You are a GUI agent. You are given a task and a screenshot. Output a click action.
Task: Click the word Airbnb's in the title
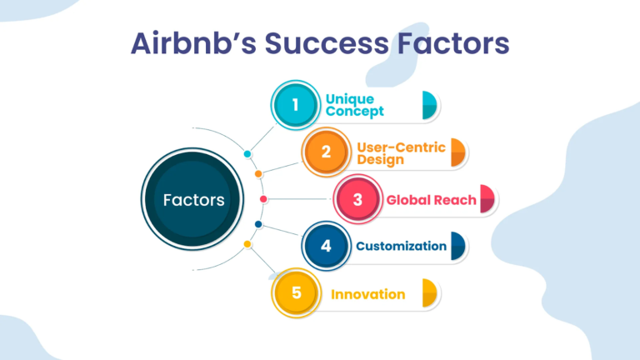193,43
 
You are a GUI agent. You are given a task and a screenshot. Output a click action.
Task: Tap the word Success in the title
327,43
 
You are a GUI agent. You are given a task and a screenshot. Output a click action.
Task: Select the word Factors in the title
453,43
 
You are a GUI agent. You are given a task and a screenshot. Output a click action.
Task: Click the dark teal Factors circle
192,199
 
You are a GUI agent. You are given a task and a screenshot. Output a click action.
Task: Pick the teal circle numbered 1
296,105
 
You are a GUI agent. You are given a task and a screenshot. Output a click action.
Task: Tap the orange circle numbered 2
326,152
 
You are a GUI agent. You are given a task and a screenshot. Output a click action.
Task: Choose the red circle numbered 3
357,199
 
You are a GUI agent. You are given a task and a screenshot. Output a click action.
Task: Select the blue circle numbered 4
326,246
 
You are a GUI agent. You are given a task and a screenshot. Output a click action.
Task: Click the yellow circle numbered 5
296,292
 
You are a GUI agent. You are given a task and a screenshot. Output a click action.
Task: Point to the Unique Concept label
355,105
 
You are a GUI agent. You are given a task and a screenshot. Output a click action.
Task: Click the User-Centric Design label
401,153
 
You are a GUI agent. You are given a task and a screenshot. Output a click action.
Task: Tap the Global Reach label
431,200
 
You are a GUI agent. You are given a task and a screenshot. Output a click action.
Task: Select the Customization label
401,246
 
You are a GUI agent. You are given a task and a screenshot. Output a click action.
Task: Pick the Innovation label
367,294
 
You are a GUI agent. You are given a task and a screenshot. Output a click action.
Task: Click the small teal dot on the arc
247,154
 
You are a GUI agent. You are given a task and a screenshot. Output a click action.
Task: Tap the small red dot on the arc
263,199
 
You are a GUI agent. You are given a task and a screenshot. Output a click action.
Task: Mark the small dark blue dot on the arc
258,224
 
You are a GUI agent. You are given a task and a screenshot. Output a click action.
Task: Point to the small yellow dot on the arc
247,244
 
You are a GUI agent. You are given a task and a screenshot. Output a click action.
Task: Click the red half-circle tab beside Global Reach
487,199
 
